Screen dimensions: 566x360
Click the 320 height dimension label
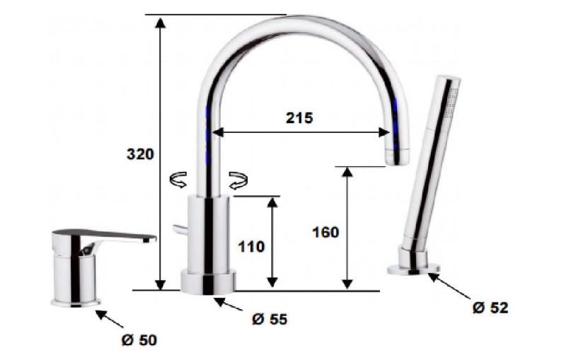[140, 154]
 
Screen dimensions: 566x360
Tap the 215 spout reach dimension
[299, 118]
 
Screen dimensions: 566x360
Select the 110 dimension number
[251, 247]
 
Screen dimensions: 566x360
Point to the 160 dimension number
[325, 232]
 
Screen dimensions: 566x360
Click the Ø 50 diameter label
[139, 339]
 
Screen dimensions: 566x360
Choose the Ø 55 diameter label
[270, 319]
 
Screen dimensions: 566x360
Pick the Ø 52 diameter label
[490, 308]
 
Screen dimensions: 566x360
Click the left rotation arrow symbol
[178, 180]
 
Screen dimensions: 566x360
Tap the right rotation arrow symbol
[238, 180]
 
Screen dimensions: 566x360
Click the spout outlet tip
[396, 158]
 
